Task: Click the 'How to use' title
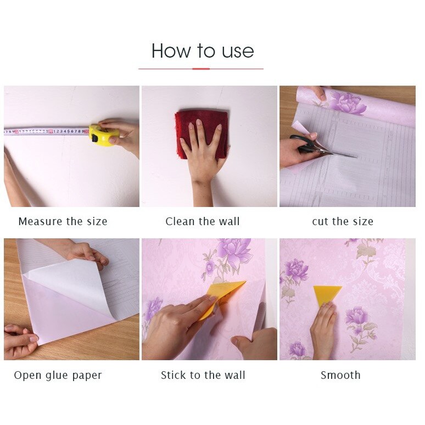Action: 203,51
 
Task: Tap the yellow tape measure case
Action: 104,135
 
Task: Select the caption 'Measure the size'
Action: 63,222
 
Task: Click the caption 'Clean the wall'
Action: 203,222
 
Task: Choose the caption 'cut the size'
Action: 343,222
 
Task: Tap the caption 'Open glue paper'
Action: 58,376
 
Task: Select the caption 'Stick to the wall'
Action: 203,376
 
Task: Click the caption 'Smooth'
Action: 340,376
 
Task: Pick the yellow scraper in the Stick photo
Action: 223,297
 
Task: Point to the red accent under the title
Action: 201,69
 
